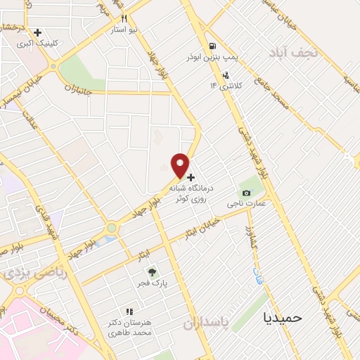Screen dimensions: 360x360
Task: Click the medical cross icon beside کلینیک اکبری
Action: pyautogui.click(x=37, y=32)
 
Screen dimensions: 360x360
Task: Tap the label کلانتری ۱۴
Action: pyautogui.click(x=224, y=86)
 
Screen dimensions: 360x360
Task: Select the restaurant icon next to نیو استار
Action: pyautogui.click(x=124, y=20)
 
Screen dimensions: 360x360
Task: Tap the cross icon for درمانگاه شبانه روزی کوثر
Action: pyautogui.click(x=191, y=178)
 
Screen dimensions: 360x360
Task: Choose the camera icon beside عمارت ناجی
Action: pyautogui.click(x=245, y=193)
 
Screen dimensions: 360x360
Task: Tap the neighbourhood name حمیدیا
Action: pyautogui.click(x=281, y=317)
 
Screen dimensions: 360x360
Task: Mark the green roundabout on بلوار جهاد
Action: pyautogui.click(x=111, y=228)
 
